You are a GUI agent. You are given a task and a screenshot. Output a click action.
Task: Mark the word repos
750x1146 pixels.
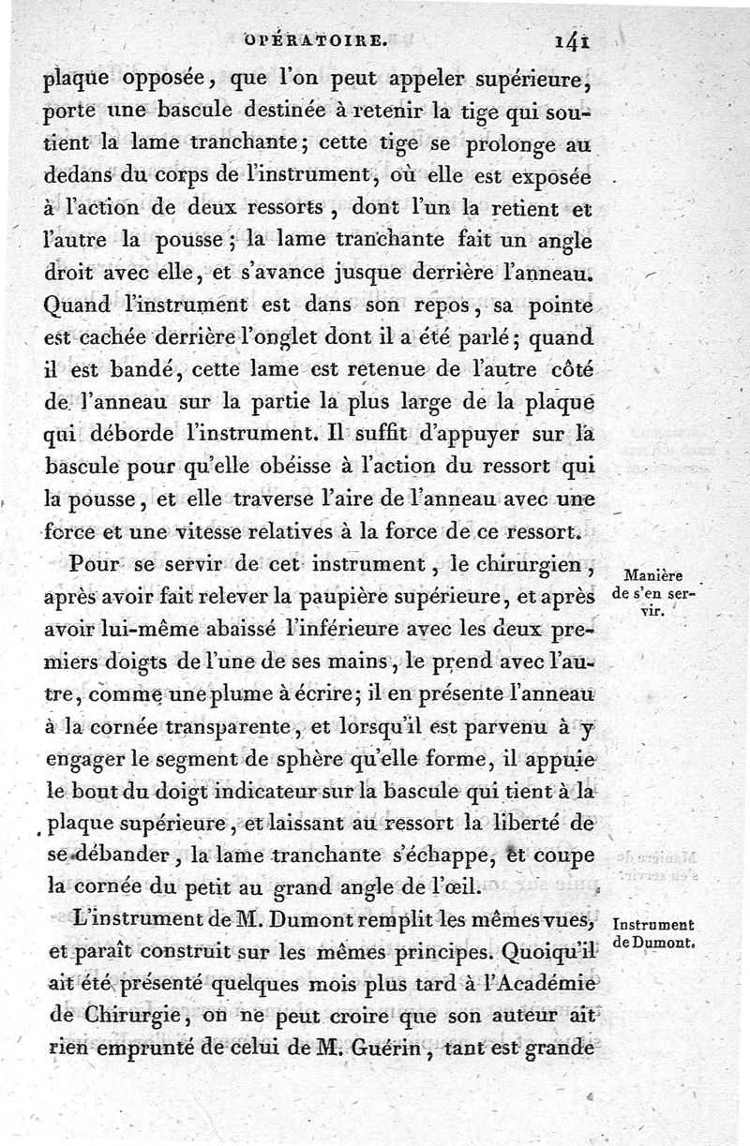(386, 305)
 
